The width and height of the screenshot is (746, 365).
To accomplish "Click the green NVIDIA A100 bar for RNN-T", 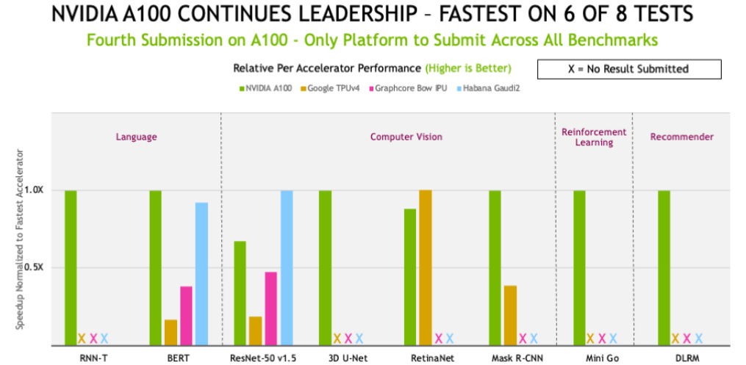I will pyautogui.click(x=71, y=267).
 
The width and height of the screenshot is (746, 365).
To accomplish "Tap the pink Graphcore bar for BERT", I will pyautogui.click(x=186, y=315).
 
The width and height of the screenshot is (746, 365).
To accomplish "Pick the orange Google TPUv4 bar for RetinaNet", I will pyautogui.click(x=425, y=267).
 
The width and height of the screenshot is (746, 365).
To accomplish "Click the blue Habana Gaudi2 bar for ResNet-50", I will pyautogui.click(x=286, y=267).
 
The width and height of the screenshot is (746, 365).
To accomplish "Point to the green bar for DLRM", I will pyautogui.click(x=664, y=267).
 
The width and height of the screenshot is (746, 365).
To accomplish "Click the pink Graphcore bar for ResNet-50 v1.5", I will pyautogui.click(x=270, y=308).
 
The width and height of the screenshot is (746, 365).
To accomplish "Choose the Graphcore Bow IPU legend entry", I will pyautogui.click(x=409, y=89).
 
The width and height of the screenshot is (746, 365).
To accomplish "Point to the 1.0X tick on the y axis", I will pyautogui.click(x=34, y=189).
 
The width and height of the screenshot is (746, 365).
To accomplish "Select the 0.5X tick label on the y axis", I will pyautogui.click(x=34, y=267).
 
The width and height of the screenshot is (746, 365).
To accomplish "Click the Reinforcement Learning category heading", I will pyautogui.click(x=594, y=137).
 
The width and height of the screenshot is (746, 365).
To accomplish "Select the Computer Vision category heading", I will pyautogui.click(x=406, y=137).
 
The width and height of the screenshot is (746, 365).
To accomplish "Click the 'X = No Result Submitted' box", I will pyautogui.click(x=629, y=69).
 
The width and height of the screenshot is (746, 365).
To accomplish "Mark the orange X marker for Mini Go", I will pyautogui.click(x=591, y=339).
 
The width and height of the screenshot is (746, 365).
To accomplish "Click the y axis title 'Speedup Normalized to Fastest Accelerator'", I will pyautogui.click(x=20, y=239).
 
